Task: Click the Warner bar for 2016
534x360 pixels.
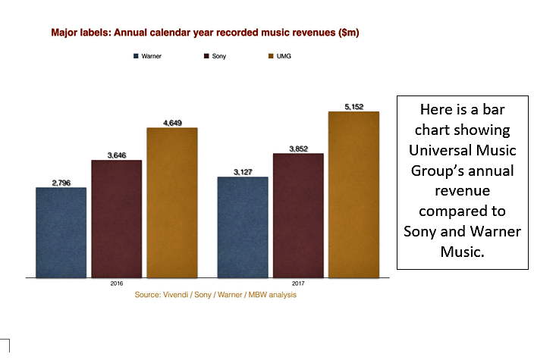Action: (61, 232)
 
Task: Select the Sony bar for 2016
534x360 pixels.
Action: (116, 218)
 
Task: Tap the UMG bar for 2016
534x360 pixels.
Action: (172, 202)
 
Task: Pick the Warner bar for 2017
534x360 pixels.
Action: (243, 227)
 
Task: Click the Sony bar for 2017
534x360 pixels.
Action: (298, 215)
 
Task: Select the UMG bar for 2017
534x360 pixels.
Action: (353, 194)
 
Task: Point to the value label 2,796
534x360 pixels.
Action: (61, 182)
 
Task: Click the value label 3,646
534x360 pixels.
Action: (116, 155)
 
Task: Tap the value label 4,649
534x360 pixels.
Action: (172, 122)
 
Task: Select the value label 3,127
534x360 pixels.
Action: (243, 171)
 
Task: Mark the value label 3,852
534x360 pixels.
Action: (298, 149)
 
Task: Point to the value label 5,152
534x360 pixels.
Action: (353, 107)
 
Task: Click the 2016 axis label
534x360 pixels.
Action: (116, 284)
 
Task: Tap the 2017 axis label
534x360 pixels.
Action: (298, 284)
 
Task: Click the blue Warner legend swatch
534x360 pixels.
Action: (136, 57)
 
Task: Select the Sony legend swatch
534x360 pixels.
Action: (206, 57)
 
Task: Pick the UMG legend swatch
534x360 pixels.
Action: (270, 57)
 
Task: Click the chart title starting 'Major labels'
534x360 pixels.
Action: (205, 33)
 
